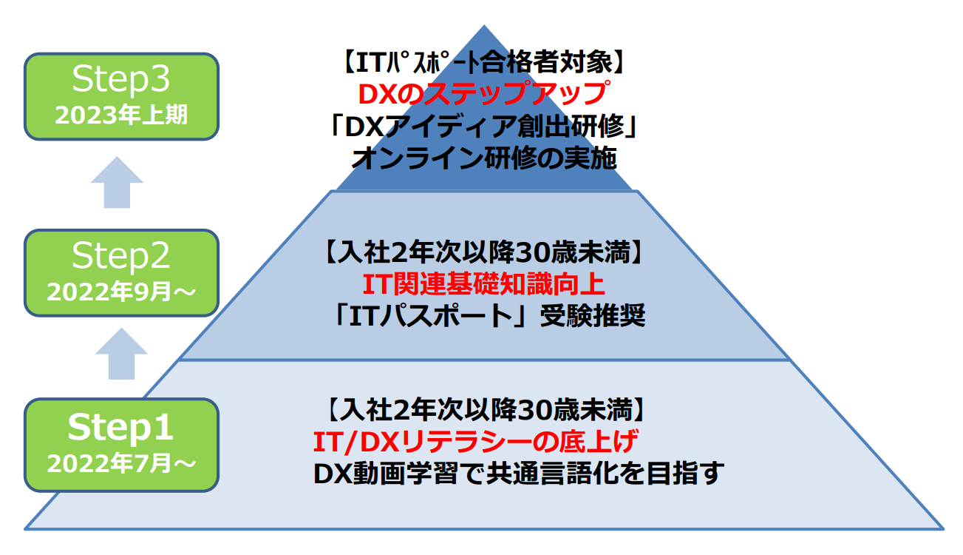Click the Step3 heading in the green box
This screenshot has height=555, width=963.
point(121,81)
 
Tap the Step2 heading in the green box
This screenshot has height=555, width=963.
point(121,256)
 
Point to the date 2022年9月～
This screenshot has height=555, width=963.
point(121,291)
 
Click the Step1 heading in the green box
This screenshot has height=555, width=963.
point(121,428)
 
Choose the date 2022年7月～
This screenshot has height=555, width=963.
point(121,464)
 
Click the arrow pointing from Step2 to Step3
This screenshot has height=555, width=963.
point(117,182)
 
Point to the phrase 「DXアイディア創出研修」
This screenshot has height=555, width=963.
point(484,127)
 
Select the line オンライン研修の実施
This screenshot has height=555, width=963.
point(484,158)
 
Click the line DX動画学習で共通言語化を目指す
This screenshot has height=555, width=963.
point(517,474)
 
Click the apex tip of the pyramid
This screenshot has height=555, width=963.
point(484,27)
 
